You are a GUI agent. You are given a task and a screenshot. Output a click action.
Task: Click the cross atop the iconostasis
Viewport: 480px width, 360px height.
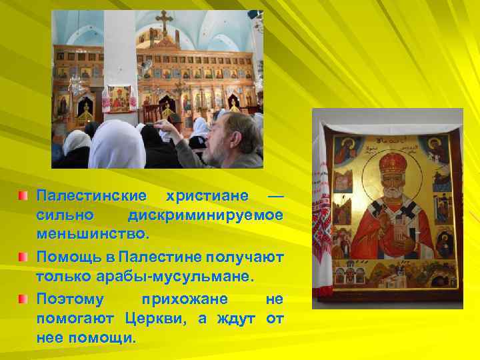[163, 20]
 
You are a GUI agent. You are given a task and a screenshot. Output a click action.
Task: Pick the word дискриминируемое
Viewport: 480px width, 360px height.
[205, 216]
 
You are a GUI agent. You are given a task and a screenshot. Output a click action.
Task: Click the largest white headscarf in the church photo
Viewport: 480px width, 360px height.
[117, 143]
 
